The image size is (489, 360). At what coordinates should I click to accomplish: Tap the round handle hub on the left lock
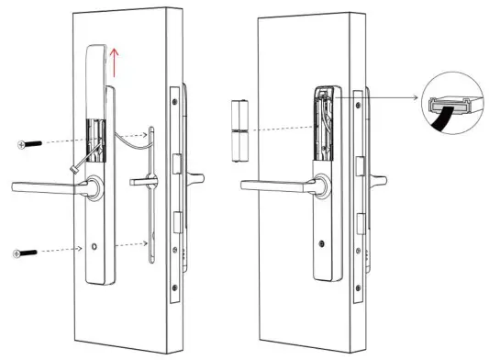[x=94, y=187]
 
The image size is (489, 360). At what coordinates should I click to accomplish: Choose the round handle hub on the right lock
[x=318, y=186]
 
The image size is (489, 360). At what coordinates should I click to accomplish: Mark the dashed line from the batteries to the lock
[x=275, y=129]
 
